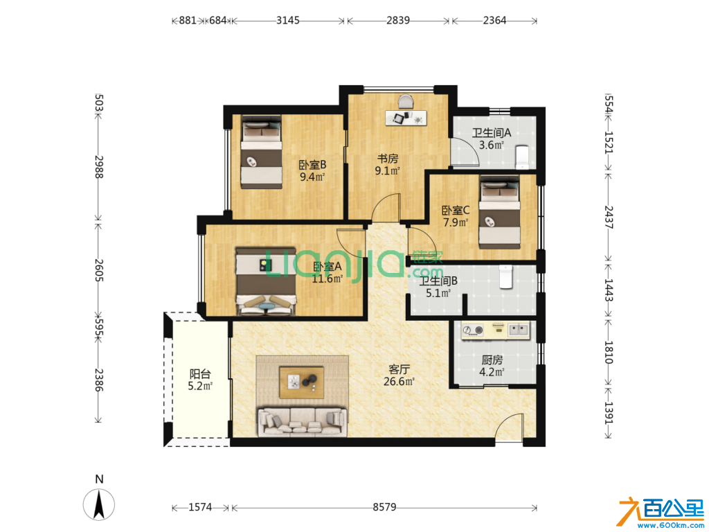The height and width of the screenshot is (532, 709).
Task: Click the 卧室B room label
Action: [312, 165]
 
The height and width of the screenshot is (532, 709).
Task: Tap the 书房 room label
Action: [388, 159]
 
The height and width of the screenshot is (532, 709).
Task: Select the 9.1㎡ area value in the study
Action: [388, 171]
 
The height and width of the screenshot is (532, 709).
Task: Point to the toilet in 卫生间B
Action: [505, 276]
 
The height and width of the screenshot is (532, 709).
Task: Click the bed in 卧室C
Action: [499, 212]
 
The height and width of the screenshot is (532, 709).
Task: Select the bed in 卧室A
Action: [266, 281]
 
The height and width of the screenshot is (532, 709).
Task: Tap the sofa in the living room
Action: [302, 422]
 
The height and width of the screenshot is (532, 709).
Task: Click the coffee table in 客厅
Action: [302, 382]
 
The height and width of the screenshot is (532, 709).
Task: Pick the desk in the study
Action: [406, 118]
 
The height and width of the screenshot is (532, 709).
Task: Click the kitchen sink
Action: [518, 330]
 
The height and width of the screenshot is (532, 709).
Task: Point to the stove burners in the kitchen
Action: [473, 330]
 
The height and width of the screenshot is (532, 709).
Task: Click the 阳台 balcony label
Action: [200, 374]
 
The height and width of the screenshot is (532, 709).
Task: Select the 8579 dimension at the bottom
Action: [384, 507]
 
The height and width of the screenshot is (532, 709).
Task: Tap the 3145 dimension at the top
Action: [288, 20]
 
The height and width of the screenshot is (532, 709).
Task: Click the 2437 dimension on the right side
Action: [609, 217]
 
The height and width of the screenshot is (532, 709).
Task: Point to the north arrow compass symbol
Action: [99, 504]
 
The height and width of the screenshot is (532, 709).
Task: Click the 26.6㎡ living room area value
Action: [399, 382]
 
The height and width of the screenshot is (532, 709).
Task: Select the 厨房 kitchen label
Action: [492, 360]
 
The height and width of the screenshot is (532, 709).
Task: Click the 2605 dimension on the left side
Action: [98, 270]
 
